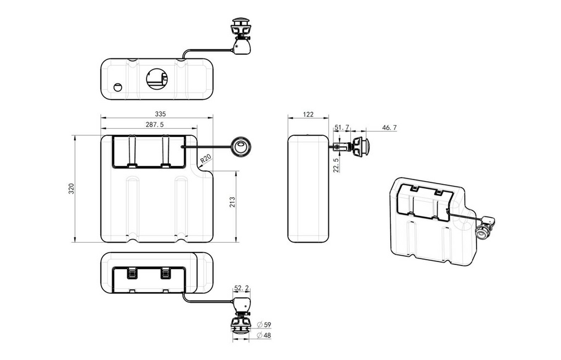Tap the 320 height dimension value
[x=71, y=188]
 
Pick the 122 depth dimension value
[x=308, y=114]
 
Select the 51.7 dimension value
[x=341, y=127]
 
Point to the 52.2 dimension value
[x=241, y=288]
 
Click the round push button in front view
[x=241, y=147]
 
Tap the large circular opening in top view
[x=157, y=78]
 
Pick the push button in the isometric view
[x=485, y=231]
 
